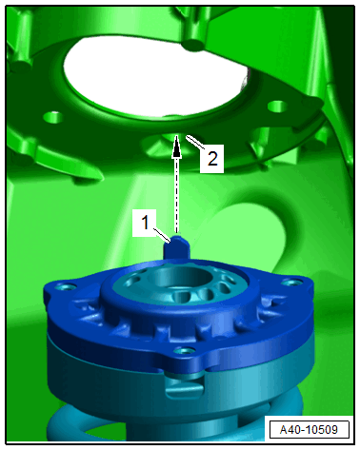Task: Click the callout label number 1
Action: point(145,223)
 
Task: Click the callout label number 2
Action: point(212,158)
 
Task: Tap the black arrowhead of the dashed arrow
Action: point(176,149)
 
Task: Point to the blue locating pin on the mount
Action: point(177,248)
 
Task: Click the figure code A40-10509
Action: point(309,430)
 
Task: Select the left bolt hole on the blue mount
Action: point(64,287)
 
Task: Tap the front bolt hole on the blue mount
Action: point(184,351)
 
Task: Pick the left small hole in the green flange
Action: point(52,118)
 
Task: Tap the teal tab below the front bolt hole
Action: point(185,385)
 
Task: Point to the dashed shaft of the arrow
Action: point(176,194)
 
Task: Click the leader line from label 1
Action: point(163,235)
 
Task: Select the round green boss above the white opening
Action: point(194,45)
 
